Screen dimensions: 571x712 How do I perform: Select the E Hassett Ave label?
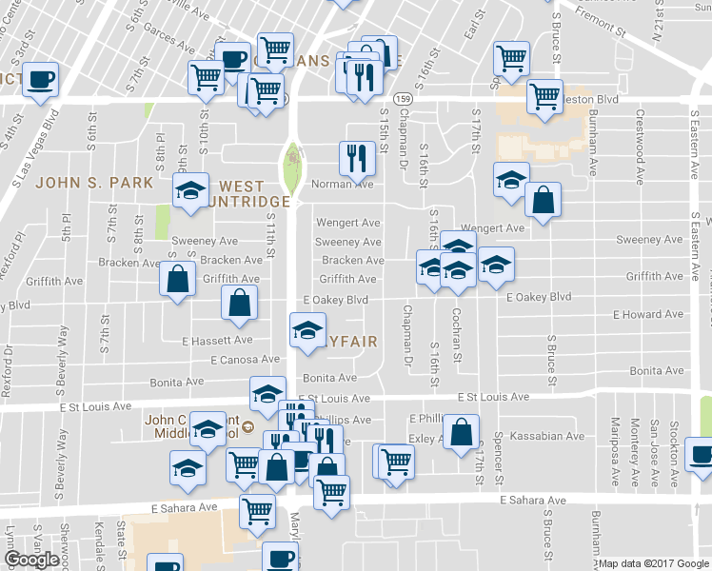[x=217, y=340]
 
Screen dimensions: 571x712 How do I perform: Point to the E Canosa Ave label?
[x=245, y=360]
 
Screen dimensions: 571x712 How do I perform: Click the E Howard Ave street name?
[x=648, y=315]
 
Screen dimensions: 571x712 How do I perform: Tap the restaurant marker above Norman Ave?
[x=356, y=158]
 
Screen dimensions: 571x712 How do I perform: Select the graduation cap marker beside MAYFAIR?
[x=307, y=333]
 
